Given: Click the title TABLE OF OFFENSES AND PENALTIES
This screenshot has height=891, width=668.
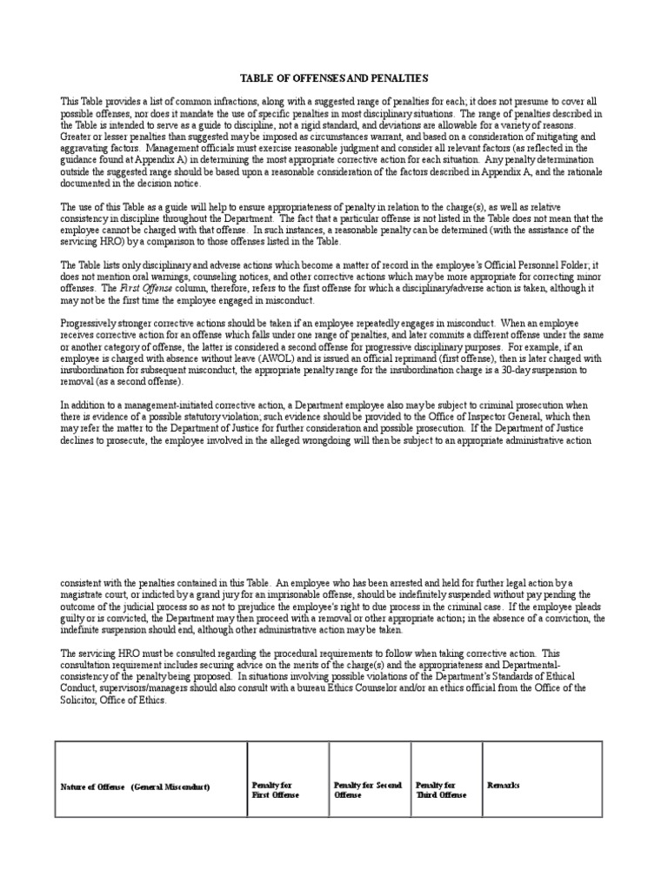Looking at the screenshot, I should click(333, 77).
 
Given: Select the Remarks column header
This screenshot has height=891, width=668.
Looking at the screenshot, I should click(504, 785).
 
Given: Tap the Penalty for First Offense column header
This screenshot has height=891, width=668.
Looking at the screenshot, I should click(275, 790).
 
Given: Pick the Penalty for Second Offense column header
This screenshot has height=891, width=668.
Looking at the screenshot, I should click(367, 790).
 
